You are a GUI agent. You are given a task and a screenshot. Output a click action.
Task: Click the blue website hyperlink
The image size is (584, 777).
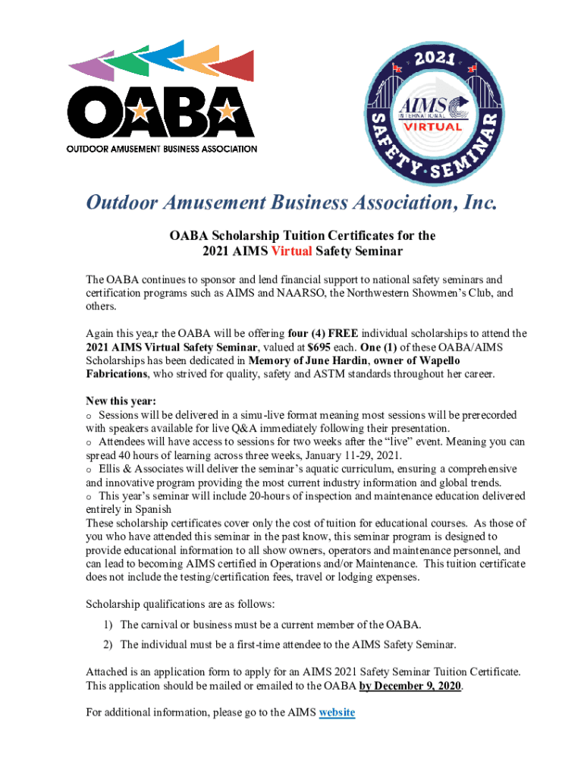pyautogui.click(x=337, y=713)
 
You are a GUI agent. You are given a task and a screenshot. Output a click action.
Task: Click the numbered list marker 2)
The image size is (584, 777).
pyautogui.click(x=109, y=644)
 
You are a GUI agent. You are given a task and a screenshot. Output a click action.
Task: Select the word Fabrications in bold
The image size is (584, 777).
pyautogui.click(x=118, y=373)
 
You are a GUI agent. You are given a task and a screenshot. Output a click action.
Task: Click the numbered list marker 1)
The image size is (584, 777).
pyautogui.click(x=109, y=624)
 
